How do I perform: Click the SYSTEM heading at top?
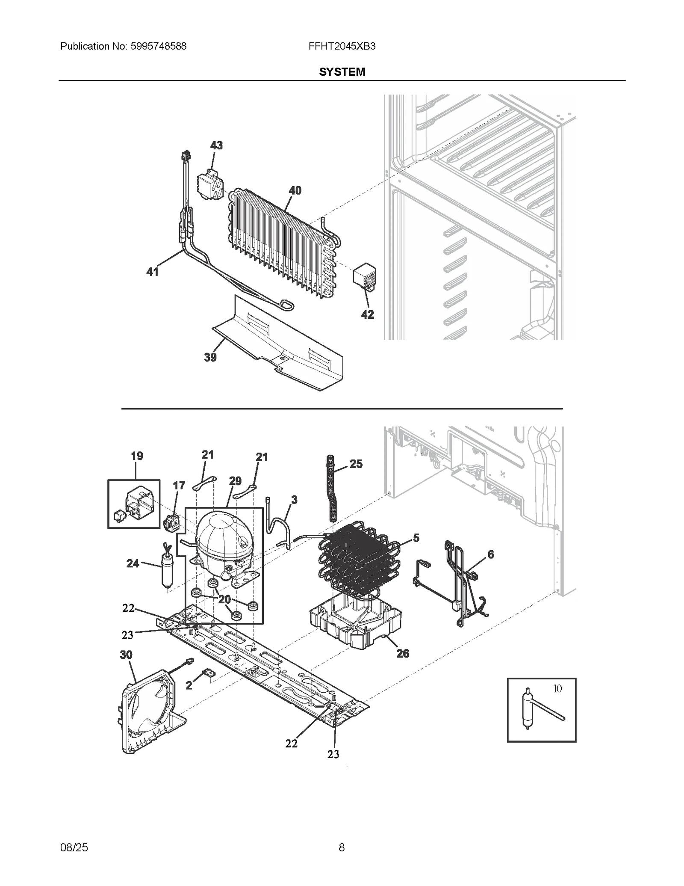pyautogui.click(x=342, y=72)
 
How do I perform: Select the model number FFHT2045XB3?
pyautogui.click(x=342, y=46)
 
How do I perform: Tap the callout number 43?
pyautogui.click(x=216, y=145)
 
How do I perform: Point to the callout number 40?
pyautogui.click(x=295, y=190)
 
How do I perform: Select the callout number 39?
pyautogui.click(x=210, y=357)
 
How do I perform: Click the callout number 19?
pyautogui.click(x=137, y=456)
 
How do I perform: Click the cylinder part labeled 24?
pyautogui.click(x=166, y=569)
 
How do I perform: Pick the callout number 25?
pyautogui.click(x=356, y=464)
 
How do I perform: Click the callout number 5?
pyautogui.click(x=416, y=538)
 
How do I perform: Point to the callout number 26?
pyautogui.click(x=402, y=653)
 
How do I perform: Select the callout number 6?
pyautogui.click(x=490, y=554)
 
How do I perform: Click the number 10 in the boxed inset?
pyautogui.click(x=557, y=689)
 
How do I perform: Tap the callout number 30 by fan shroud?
pyautogui.click(x=126, y=655)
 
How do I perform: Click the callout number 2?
pyautogui.click(x=189, y=685)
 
